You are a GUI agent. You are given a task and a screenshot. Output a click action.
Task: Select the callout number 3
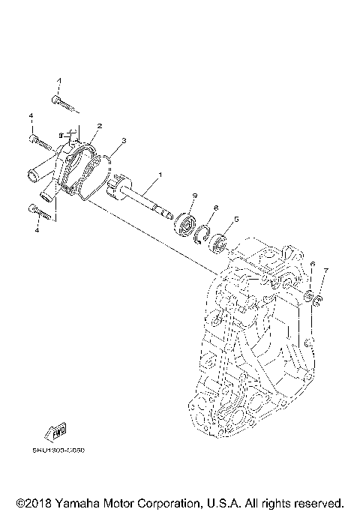tap(123, 140)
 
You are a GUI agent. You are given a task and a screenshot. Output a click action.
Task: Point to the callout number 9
tap(193, 196)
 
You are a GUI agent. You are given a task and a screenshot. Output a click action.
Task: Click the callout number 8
tap(215, 208)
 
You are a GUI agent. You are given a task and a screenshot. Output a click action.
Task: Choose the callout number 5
tap(236, 219)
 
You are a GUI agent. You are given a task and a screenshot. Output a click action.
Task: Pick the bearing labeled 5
tap(220, 243)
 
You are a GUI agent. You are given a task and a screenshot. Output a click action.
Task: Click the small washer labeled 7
tap(318, 301)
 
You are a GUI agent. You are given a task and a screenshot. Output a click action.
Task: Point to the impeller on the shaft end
tap(119, 185)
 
